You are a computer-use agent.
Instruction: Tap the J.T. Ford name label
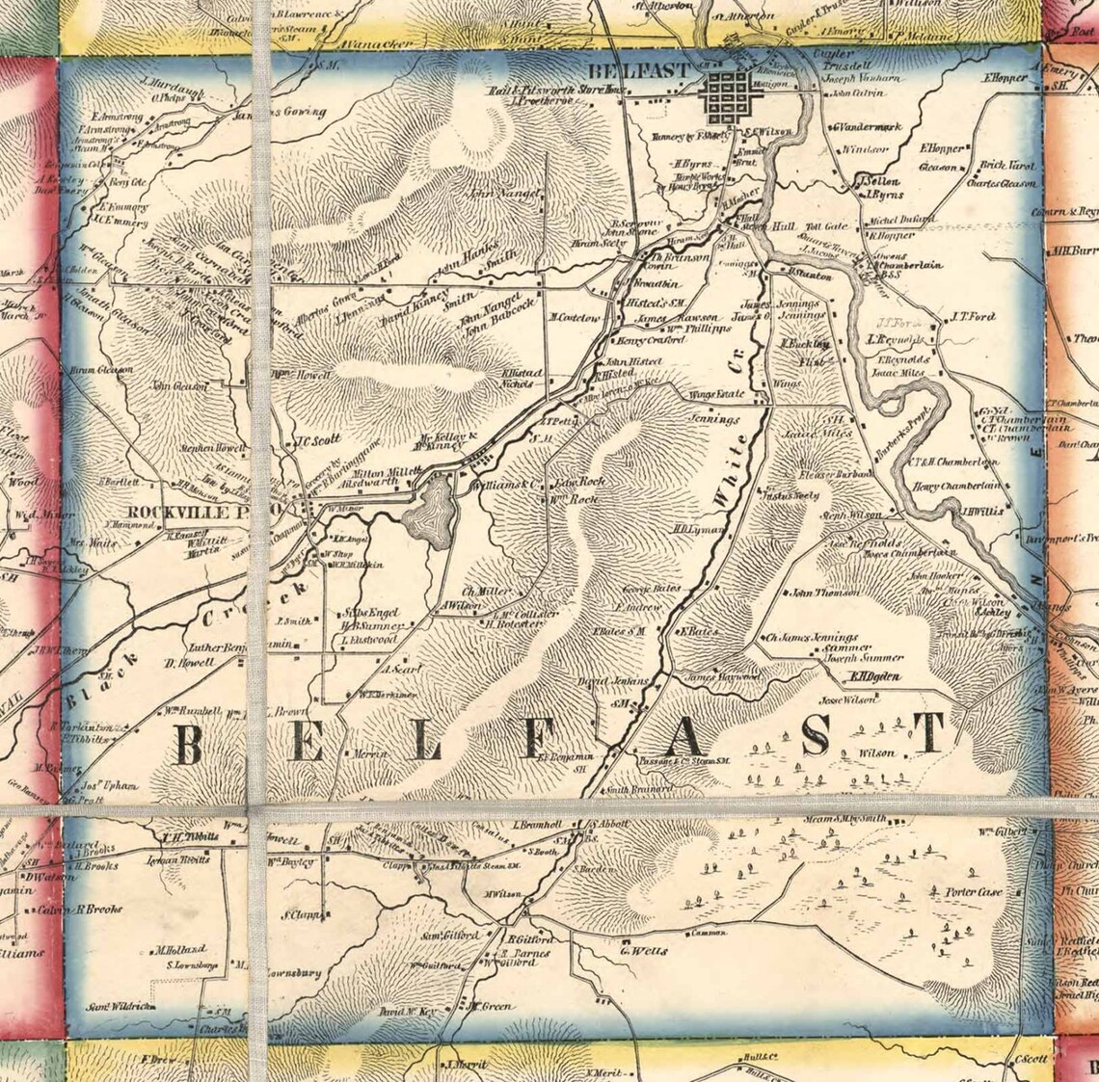click(x=972, y=316)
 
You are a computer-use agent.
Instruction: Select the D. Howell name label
click(x=186, y=663)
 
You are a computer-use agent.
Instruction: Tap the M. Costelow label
click(x=575, y=317)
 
